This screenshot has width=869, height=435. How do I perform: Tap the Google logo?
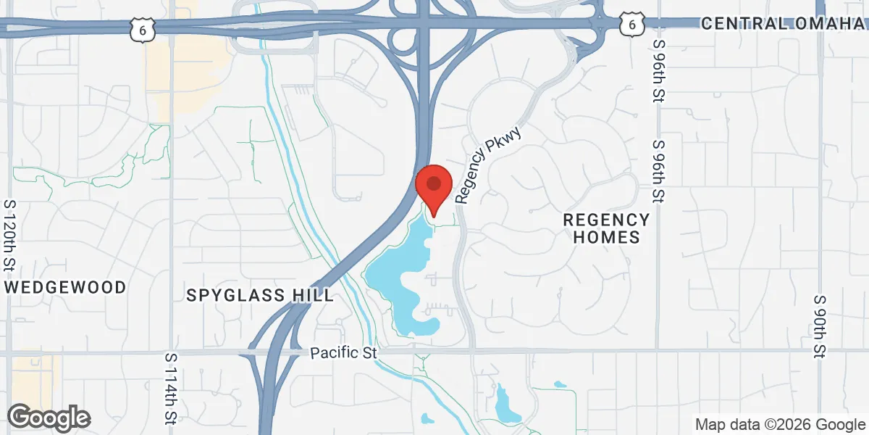click(x=49, y=418)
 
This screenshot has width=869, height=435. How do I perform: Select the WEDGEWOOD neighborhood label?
click(x=66, y=287)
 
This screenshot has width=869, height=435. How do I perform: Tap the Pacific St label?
click(x=344, y=353)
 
